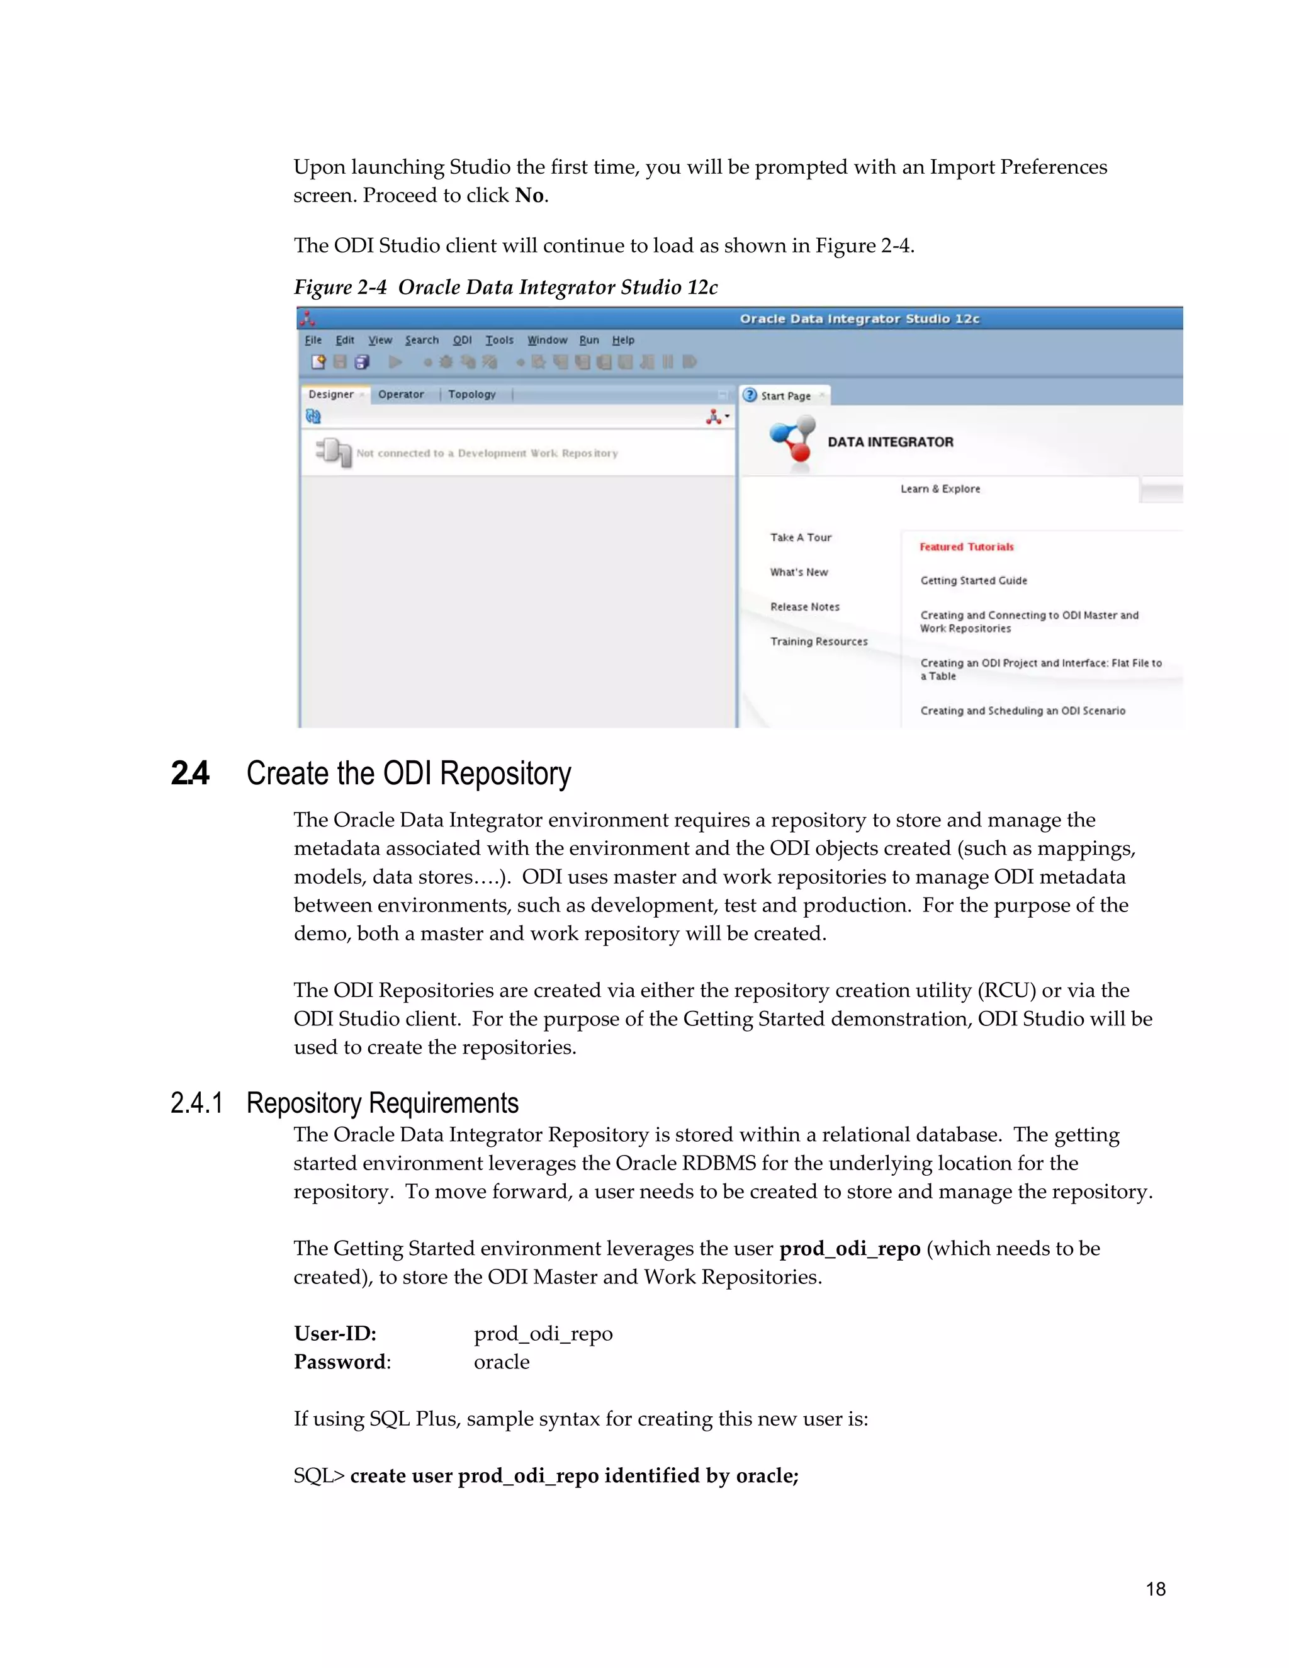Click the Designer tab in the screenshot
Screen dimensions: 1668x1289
point(330,394)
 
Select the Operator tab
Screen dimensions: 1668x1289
point(401,394)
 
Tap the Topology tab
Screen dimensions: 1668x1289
point(471,394)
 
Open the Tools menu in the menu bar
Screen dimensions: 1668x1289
point(499,340)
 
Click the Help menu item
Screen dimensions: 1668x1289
point(623,340)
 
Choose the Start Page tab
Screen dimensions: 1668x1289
point(785,396)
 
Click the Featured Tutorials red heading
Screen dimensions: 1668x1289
point(966,547)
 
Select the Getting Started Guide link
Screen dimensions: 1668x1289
point(974,580)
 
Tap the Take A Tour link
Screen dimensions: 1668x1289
point(801,538)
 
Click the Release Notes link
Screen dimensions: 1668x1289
point(805,606)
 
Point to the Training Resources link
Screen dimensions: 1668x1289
point(819,641)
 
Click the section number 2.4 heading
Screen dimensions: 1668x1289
point(190,774)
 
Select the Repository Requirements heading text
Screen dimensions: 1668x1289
point(382,1103)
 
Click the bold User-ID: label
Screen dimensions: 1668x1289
point(334,1334)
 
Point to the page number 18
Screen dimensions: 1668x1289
point(1156,1589)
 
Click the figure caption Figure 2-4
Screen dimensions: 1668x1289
point(340,287)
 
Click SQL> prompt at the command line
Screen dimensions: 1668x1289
point(319,1476)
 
